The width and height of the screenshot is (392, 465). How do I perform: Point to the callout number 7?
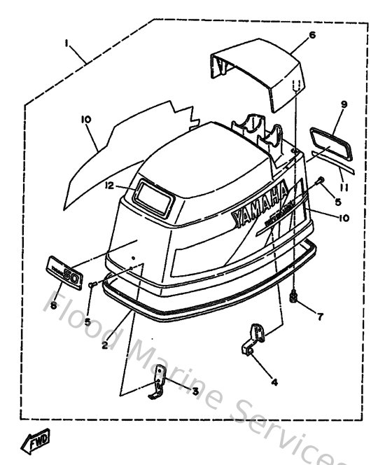click(x=320, y=317)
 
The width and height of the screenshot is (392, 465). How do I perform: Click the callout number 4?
click(x=274, y=382)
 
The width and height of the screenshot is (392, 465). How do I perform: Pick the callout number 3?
click(x=195, y=390)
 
